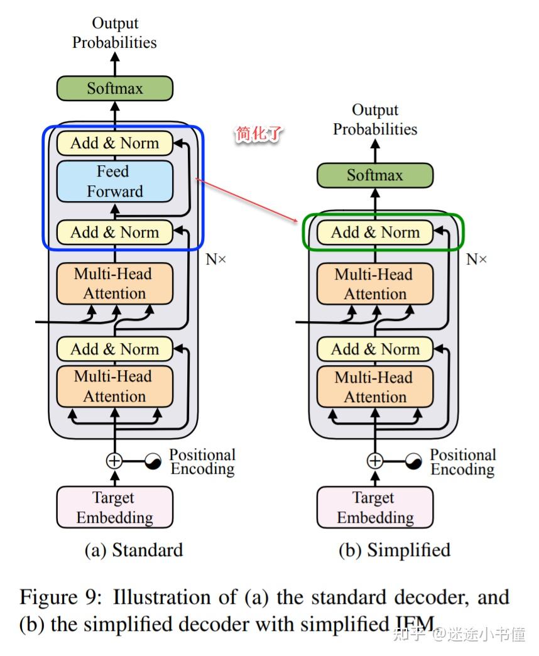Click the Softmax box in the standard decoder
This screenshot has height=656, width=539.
114,88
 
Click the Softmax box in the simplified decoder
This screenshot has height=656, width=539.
374,175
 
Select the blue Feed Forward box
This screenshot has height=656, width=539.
114,181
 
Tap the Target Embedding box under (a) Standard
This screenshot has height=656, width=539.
114,507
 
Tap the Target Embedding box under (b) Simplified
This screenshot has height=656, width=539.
374,508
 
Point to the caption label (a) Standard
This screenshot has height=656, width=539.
134,550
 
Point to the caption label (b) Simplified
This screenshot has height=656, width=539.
395,550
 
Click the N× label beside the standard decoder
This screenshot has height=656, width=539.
215,259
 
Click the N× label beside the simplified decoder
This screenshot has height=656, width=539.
476,259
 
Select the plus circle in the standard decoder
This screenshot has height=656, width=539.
114,461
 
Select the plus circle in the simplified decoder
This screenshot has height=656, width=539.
374,461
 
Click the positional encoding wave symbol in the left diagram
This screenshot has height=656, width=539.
153,462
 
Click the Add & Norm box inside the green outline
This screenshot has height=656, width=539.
374,232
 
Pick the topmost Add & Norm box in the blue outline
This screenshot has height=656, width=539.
114,143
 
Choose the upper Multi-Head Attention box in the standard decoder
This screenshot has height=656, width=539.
114,283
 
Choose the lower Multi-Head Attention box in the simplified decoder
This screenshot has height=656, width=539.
374,387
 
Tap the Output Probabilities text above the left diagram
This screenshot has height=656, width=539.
114,33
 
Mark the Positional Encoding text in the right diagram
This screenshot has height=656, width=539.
463,462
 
